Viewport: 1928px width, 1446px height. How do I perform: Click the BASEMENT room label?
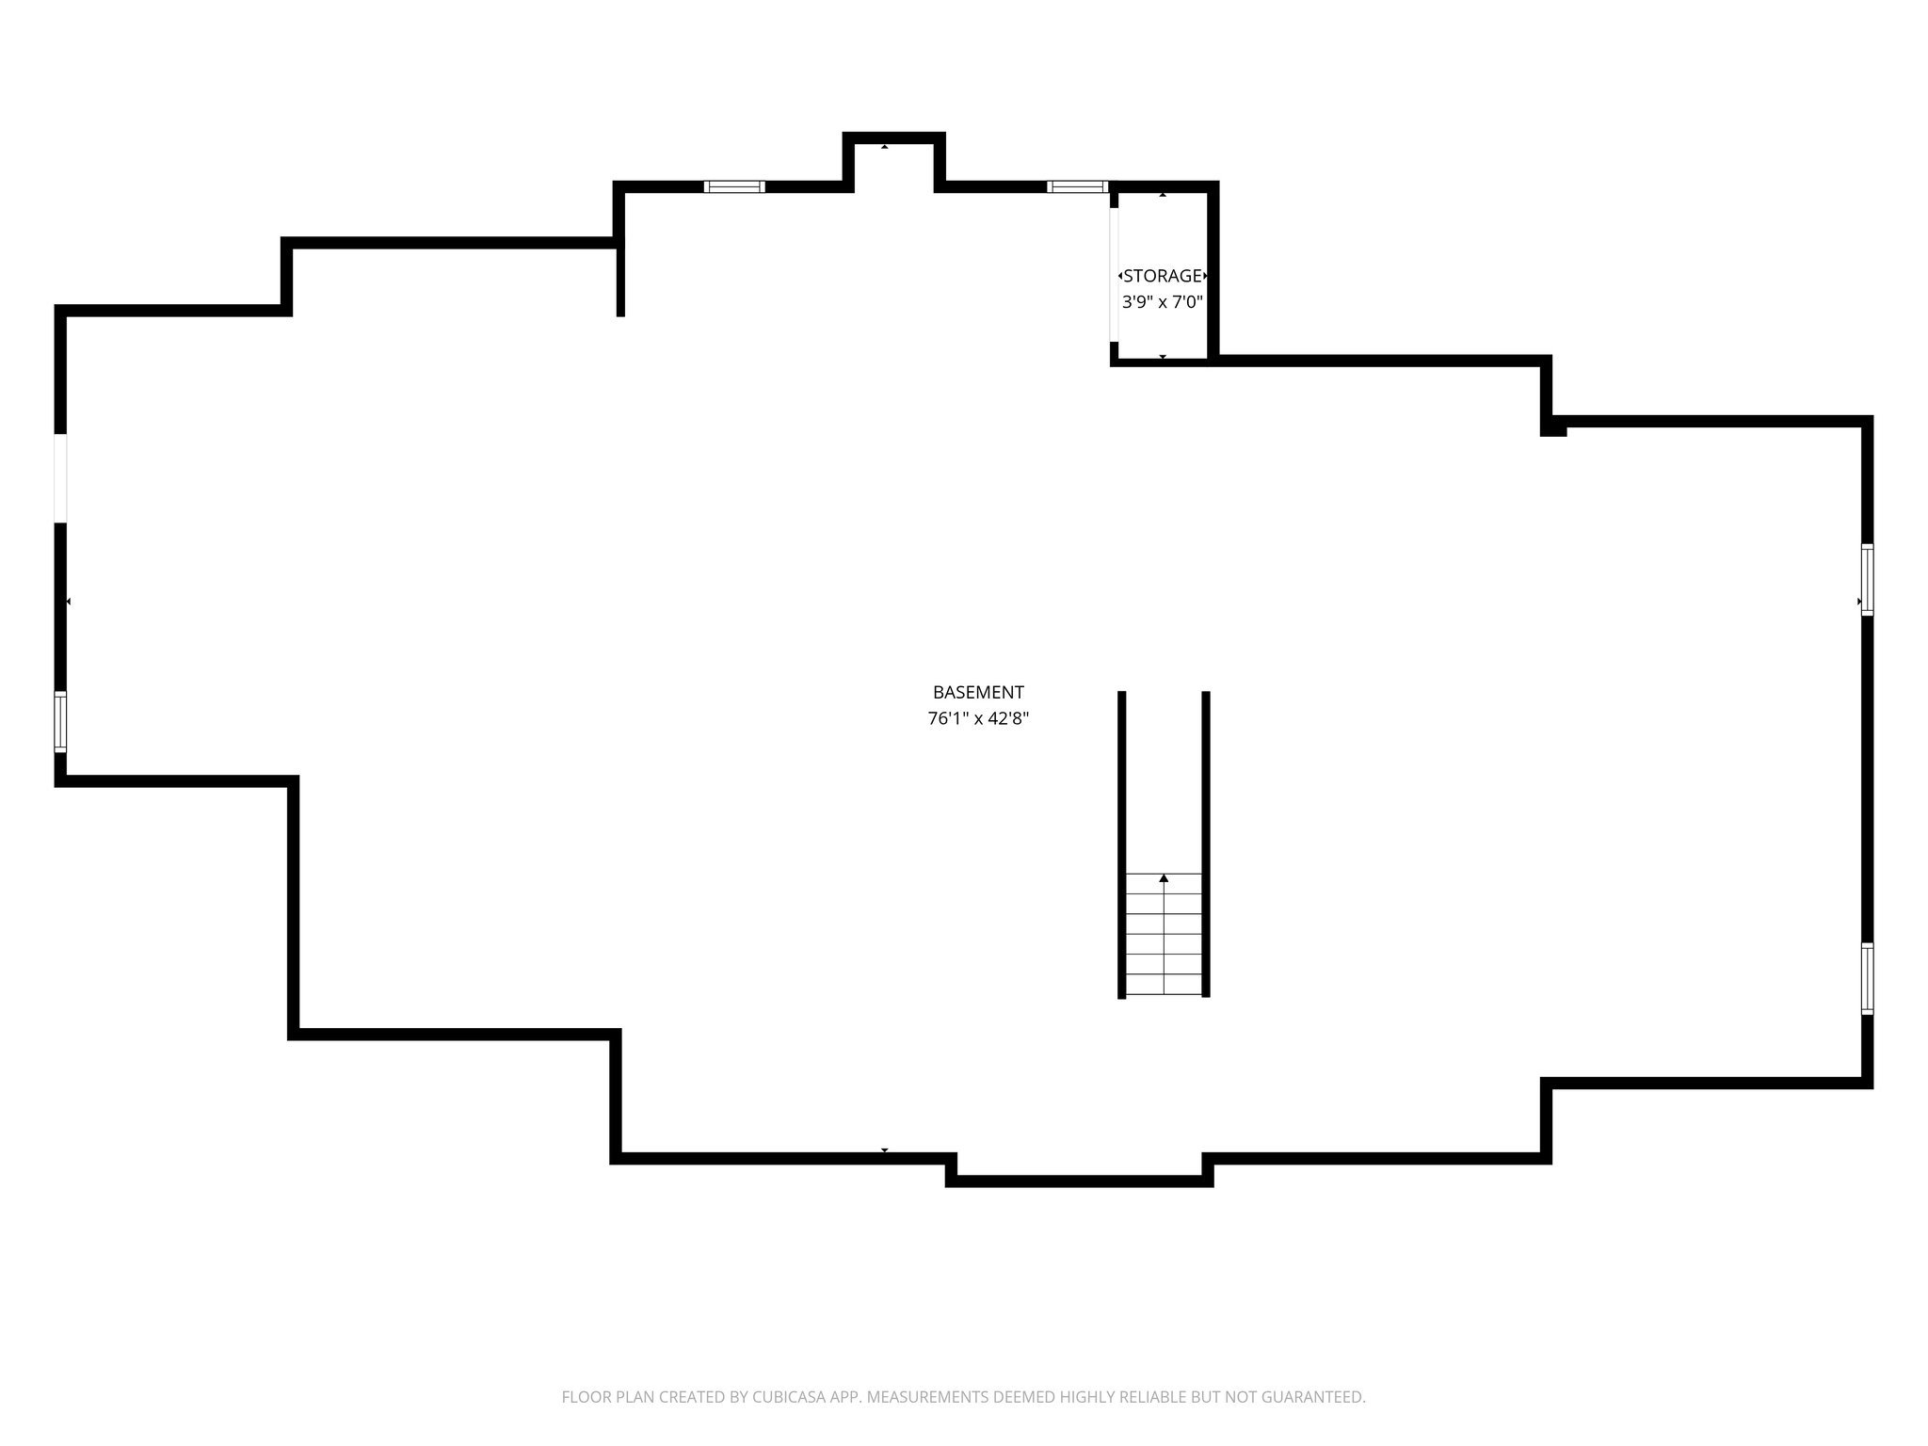(x=977, y=693)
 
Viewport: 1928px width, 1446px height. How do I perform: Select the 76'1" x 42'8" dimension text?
(x=977, y=719)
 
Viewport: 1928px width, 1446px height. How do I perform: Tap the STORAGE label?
(x=1163, y=276)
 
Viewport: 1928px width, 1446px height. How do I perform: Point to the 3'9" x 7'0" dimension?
(x=1163, y=302)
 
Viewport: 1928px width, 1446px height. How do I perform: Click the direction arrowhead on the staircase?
(x=1164, y=878)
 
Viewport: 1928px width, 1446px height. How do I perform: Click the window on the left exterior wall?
(x=60, y=721)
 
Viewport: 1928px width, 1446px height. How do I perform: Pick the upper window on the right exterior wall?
(x=1867, y=579)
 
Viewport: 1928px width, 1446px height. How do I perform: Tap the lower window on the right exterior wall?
(x=1867, y=978)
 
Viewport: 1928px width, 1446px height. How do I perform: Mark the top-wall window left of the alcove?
(x=734, y=186)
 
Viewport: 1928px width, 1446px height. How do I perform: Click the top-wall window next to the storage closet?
(x=1077, y=186)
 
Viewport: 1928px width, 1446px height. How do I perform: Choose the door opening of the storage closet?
(x=1114, y=274)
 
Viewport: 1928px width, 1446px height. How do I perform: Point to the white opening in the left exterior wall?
(x=60, y=477)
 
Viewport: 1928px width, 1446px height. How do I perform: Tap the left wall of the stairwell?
(x=1121, y=843)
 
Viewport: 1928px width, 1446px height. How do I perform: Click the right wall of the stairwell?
(x=1206, y=843)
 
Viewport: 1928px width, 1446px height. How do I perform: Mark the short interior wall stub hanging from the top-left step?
(x=620, y=279)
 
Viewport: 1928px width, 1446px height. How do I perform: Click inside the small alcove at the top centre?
(x=893, y=165)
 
